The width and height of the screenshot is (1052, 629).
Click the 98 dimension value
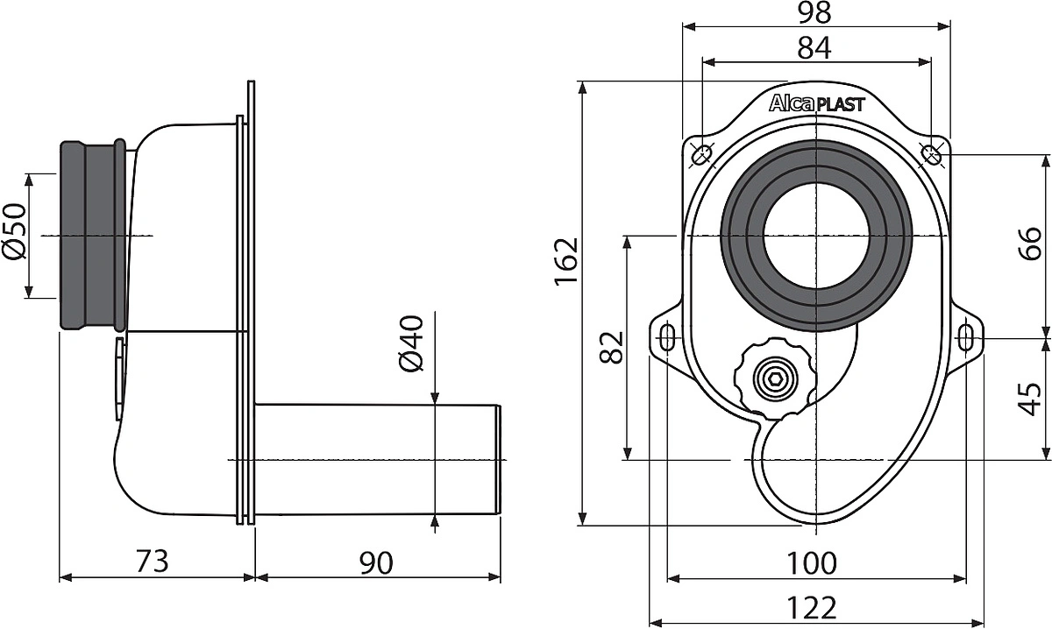coord(814,12)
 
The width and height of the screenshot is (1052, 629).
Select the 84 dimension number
coord(814,48)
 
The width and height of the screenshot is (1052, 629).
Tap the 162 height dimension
coord(565,262)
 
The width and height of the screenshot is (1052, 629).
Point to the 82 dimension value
coord(612,348)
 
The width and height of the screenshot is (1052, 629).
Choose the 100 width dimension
coord(812,563)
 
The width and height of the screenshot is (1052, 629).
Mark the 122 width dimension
coord(812,608)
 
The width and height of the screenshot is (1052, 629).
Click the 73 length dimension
coord(152,561)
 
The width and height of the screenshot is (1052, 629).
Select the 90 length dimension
coord(376,562)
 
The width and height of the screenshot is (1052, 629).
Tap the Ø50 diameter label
coord(14,231)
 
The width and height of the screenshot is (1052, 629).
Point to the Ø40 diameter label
coord(412,343)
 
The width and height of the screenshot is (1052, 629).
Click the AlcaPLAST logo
coord(817,103)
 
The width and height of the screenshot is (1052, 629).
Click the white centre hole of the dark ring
coord(816,235)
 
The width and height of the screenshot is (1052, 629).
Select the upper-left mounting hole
coord(702,154)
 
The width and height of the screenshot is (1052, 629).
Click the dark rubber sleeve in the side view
coord(93,236)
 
